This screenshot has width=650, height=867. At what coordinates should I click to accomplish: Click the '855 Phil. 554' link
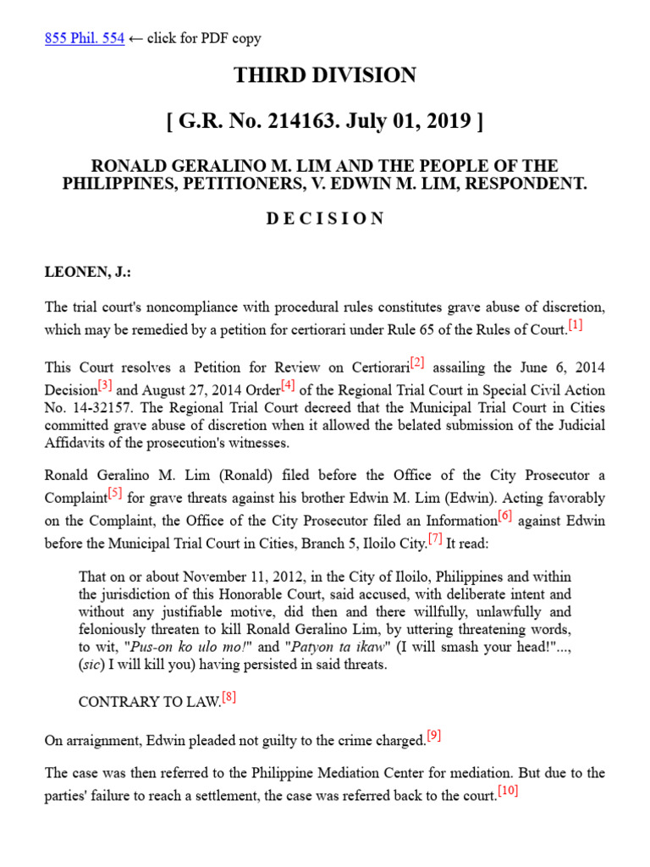click(x=84, y=38)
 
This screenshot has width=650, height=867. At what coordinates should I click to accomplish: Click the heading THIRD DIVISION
click(x=325, y=75)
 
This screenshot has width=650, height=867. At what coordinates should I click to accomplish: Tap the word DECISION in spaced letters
click(x=325, y=218)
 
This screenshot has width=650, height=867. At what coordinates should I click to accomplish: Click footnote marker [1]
click(x=576, y=324)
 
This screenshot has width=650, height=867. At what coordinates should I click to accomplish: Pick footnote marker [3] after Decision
click(x=105, y=385)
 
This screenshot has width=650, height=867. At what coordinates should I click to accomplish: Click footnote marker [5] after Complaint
click(x=116, y=493)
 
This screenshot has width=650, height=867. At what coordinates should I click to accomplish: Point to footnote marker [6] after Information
click(x=505, y=515)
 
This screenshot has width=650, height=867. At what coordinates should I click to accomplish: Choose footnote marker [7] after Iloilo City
click(x=435, y=538)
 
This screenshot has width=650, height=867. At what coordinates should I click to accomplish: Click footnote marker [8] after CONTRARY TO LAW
click(x=229, y=698)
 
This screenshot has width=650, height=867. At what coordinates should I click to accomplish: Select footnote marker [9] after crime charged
click(x=434, y=735)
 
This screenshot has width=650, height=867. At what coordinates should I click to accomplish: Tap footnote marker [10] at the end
click(x=508, y=791)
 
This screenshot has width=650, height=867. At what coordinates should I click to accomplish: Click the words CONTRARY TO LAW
click(x=149, y=702)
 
